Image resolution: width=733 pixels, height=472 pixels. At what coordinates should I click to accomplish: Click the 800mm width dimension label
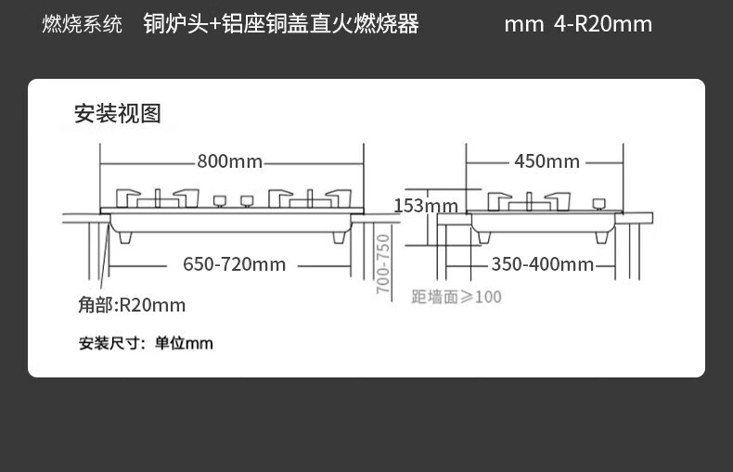click(229, 161)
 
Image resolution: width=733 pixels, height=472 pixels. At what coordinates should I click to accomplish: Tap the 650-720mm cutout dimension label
click(234, 264)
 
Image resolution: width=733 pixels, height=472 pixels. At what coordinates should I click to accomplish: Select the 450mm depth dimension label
click(547, 161)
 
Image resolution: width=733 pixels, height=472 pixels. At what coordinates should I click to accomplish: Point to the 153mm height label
click(426, 206)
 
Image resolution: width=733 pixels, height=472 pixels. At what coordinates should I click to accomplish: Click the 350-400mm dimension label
click(542, 264)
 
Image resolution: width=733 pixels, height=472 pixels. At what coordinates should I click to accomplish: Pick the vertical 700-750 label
click(383, 263)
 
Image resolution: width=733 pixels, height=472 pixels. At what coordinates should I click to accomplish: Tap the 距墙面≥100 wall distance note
click(457, 297)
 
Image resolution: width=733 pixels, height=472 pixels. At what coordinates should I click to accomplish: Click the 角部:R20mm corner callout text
click(132, 305)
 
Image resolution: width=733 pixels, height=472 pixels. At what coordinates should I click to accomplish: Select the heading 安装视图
click(118, 113)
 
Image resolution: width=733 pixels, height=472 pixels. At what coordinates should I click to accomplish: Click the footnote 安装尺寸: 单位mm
click(146, 343)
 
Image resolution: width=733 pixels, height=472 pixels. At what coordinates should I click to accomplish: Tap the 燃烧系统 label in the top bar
click(82, 24)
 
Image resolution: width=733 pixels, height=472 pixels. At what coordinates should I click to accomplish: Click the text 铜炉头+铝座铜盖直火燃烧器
click(281, 23)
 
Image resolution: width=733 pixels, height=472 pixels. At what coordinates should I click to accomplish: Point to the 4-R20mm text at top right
click(603, 23)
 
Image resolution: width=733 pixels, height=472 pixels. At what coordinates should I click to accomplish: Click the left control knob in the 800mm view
click(220, 200)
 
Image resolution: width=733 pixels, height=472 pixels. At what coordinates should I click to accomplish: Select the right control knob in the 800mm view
click(247, 200)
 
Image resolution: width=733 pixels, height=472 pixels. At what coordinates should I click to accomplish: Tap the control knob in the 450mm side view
click(599, 202)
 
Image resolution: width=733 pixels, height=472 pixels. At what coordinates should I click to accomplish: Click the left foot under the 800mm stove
click(129, 236)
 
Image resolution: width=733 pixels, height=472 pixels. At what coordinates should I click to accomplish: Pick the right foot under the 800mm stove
click(340, 236)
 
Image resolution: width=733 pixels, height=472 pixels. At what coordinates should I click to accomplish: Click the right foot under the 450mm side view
click(602, 236)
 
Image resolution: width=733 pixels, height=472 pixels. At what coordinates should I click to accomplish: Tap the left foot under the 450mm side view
click(482, 236)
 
